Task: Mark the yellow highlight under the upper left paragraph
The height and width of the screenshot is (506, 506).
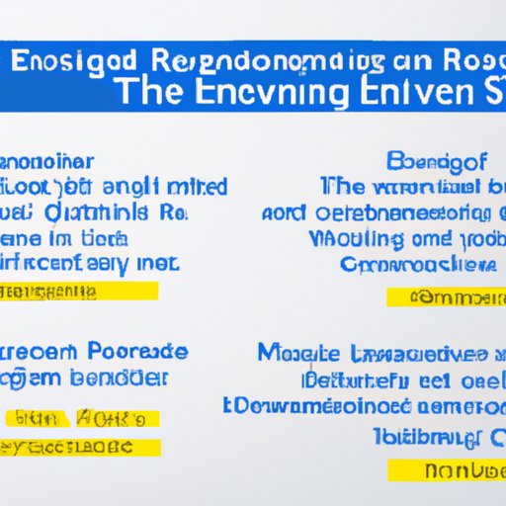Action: [80, 292]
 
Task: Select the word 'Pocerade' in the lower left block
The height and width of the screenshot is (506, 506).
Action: [136, 352]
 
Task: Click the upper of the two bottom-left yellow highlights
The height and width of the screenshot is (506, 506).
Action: [82, 418]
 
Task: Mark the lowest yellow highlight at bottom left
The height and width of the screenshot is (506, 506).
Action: [82, 447]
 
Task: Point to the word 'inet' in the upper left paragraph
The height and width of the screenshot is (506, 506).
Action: [156, 264]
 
